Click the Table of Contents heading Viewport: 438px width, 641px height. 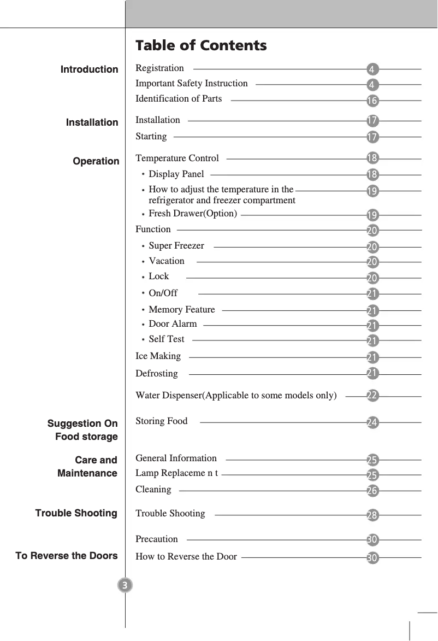(x=201, y=45)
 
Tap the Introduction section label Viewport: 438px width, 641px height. (x=89, y=69)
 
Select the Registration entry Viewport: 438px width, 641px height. (x=159, y=68)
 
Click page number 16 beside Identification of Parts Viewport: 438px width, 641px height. (x=372, y=101)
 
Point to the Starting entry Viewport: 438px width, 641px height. (x=151, y=136)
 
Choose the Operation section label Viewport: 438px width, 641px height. (x=96, y=161)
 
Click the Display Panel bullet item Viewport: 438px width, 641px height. (x=176, y=174)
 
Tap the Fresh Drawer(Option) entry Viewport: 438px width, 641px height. (x=193, y=214)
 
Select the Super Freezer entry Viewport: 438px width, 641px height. (x=176, y=246)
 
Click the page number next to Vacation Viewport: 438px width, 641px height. (x=372, y=262)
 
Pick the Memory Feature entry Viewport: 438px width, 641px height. (x=182, y=310)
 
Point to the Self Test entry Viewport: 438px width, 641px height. (x=167, y=339)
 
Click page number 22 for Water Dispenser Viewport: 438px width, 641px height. (x=372, y=396)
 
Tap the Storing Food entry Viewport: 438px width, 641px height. (x=161, y=421)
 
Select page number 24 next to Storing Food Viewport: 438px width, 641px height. (x=372, y=422)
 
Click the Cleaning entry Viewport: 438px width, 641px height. (x=153, y=490)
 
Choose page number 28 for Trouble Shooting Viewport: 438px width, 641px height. (x=372, y=515)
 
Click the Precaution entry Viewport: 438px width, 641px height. (x=157, y=539)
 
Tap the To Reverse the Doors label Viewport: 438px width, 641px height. (x=67, y=556)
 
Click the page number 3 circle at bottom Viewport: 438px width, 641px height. (x=125, y=586)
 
